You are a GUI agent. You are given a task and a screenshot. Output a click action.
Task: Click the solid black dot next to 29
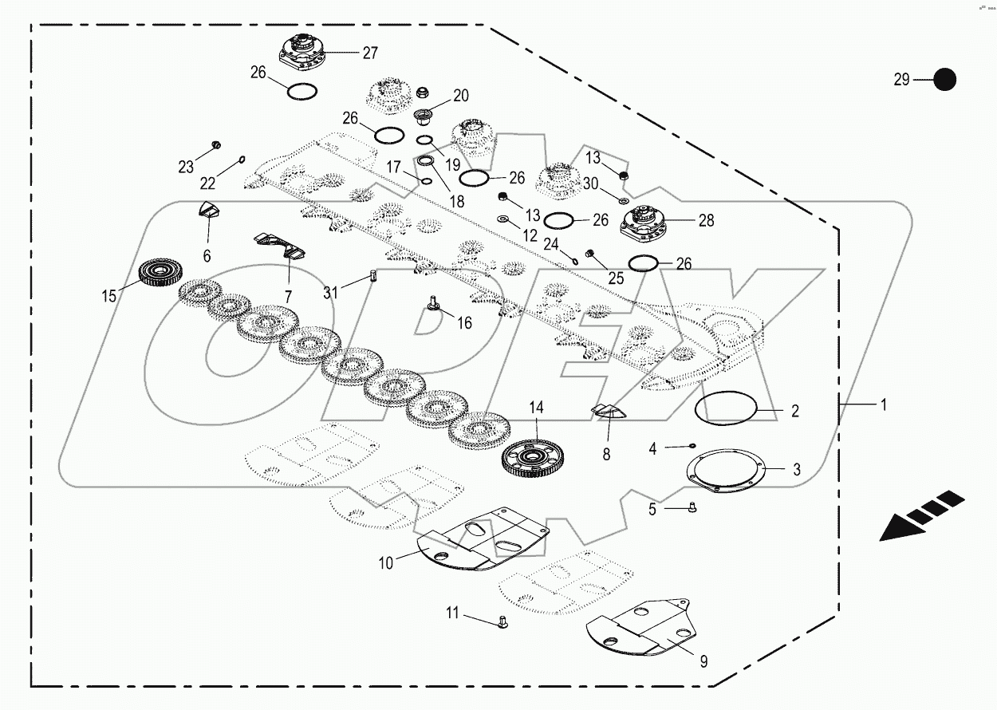pyautogui.click(x=944, y=80)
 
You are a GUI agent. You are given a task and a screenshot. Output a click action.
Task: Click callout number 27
pyautogui.click(x=370, y=53)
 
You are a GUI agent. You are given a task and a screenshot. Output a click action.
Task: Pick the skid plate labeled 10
pyautogui.click(x=487, y=542)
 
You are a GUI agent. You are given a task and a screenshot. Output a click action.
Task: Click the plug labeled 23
pyautogui.click(x=215, y=145)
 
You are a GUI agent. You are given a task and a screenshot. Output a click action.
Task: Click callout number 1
pyautogui.click(x=883, y=404)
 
